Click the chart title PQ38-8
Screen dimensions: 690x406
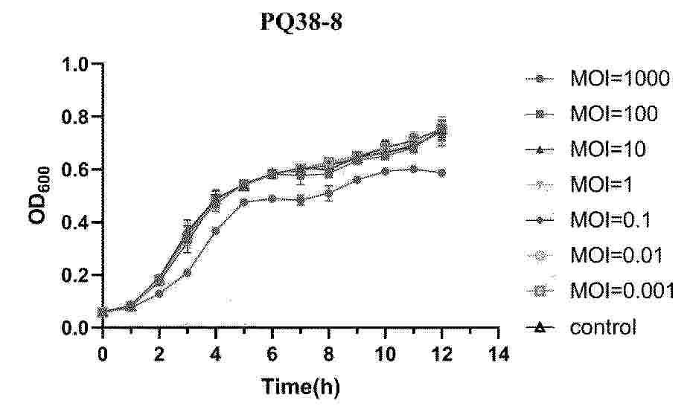coord(301,23)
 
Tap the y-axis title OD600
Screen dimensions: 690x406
coord(38,196)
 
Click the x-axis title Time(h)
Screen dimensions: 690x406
coord(301,387)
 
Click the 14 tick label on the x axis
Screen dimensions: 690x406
coord(498,354)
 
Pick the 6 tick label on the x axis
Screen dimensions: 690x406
coord(272,354)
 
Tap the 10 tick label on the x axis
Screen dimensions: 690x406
coord(385,354)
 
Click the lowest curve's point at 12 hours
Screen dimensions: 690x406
coord(442,173)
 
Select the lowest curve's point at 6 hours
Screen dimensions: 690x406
coord(272,199)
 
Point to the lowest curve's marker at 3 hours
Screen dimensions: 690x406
coord(188,273)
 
